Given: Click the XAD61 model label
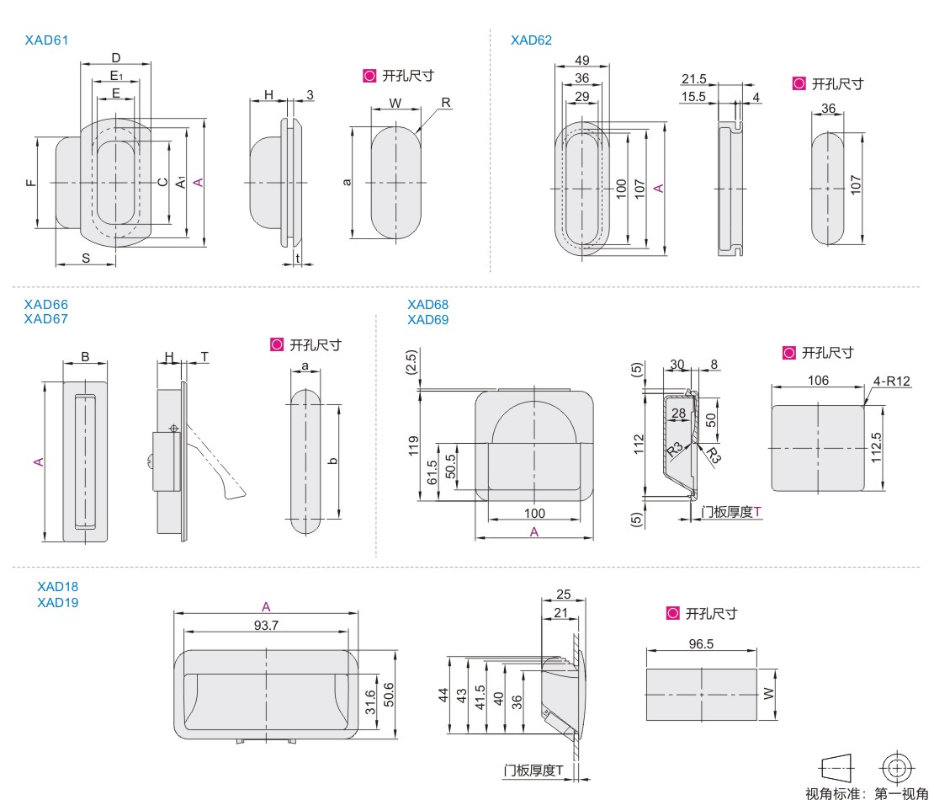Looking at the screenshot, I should tap(45, 40).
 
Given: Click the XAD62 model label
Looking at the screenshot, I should tap(531, 40).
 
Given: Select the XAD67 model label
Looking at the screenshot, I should tap(45, 319).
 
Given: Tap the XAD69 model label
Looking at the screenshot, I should tap(427, 320).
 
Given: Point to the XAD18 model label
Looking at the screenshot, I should tap(58, 585).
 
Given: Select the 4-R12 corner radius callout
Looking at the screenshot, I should tap(893, 380).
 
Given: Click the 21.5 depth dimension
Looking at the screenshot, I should tap(694, 79).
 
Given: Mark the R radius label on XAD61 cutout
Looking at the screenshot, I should tap(446, 102).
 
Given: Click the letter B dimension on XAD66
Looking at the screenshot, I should tap(86, 356).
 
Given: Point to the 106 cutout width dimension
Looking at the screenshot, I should tap(816, 381).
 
